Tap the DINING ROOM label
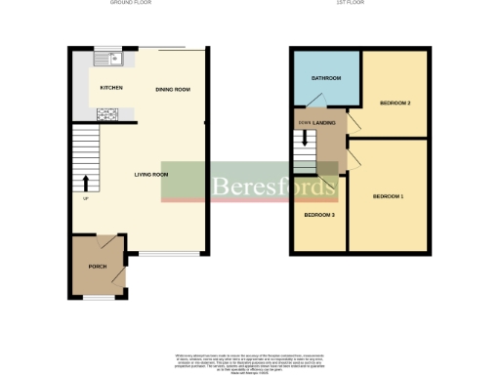point(173,90)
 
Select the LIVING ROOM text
point(151,175)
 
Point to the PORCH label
point(98,266)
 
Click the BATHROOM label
point(325,78)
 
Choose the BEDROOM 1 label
point(388,197)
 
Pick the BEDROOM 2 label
point(395,103)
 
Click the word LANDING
point(325,122)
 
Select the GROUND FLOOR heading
point(136,4)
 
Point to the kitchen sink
point(104,60)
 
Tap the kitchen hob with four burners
point(105,114)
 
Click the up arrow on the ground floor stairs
point(85,182)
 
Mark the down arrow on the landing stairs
point(305,138)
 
